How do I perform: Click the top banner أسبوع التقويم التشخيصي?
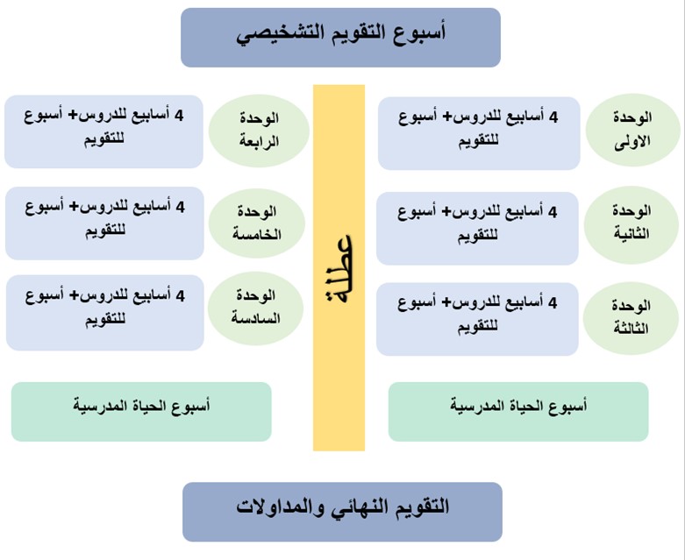coord(341,38)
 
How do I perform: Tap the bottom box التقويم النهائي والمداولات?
coord(342,512)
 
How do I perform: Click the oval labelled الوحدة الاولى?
coord(633,130)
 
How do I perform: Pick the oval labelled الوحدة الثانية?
coord(631,224)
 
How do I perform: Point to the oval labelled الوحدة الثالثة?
coord(631,318)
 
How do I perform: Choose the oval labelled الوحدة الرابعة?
coord(259,131)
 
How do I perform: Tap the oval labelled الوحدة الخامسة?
coord(257,223)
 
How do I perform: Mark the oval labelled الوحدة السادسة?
coord(255,308)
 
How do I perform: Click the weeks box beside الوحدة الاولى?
coord(479,133)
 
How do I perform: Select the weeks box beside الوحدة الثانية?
coord(477,228)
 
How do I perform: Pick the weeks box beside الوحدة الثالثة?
coord(477,319)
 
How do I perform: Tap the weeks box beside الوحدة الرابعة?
coord(104,131)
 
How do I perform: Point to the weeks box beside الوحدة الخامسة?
coord(105,223)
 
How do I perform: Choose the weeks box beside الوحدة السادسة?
coord(105,313)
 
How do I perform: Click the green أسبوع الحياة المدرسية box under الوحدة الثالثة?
coord(518,412)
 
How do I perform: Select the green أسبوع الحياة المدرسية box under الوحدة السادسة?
coord(141,412)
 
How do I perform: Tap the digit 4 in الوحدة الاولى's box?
coord(553,117)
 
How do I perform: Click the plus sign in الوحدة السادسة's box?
coord(74,295)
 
